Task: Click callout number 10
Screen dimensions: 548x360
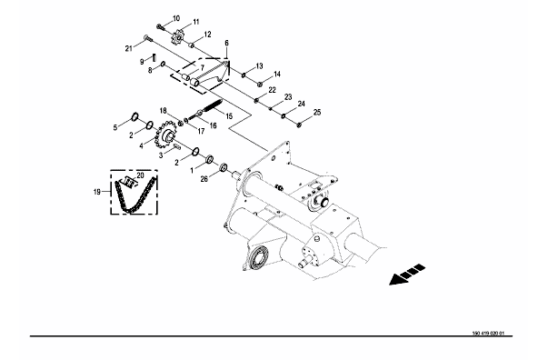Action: point(176,18)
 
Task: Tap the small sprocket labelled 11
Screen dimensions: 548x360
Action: point(177,36)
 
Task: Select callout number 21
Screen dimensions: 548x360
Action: point(129,48)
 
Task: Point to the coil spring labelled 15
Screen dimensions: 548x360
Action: point(211,105)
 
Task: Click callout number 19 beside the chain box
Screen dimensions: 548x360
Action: point(97,192)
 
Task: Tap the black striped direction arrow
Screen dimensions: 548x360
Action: point(407,275)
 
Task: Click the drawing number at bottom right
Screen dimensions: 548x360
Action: point(488,333)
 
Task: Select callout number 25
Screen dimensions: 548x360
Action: point(317,112)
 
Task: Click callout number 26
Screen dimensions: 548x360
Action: point(204,179)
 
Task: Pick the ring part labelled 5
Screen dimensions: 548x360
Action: point(135,116)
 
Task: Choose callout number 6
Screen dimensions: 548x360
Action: point(227,43)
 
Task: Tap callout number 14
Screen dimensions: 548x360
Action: point(277,75)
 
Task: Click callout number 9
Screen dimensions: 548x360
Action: point(142,62)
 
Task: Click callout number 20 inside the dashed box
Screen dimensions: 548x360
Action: point(140,175)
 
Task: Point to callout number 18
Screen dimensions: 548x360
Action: point(164,111)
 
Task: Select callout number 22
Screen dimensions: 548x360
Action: point(272,90)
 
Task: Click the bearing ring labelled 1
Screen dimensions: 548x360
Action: point(211,159)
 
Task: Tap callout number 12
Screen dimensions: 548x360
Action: point(207,35)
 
